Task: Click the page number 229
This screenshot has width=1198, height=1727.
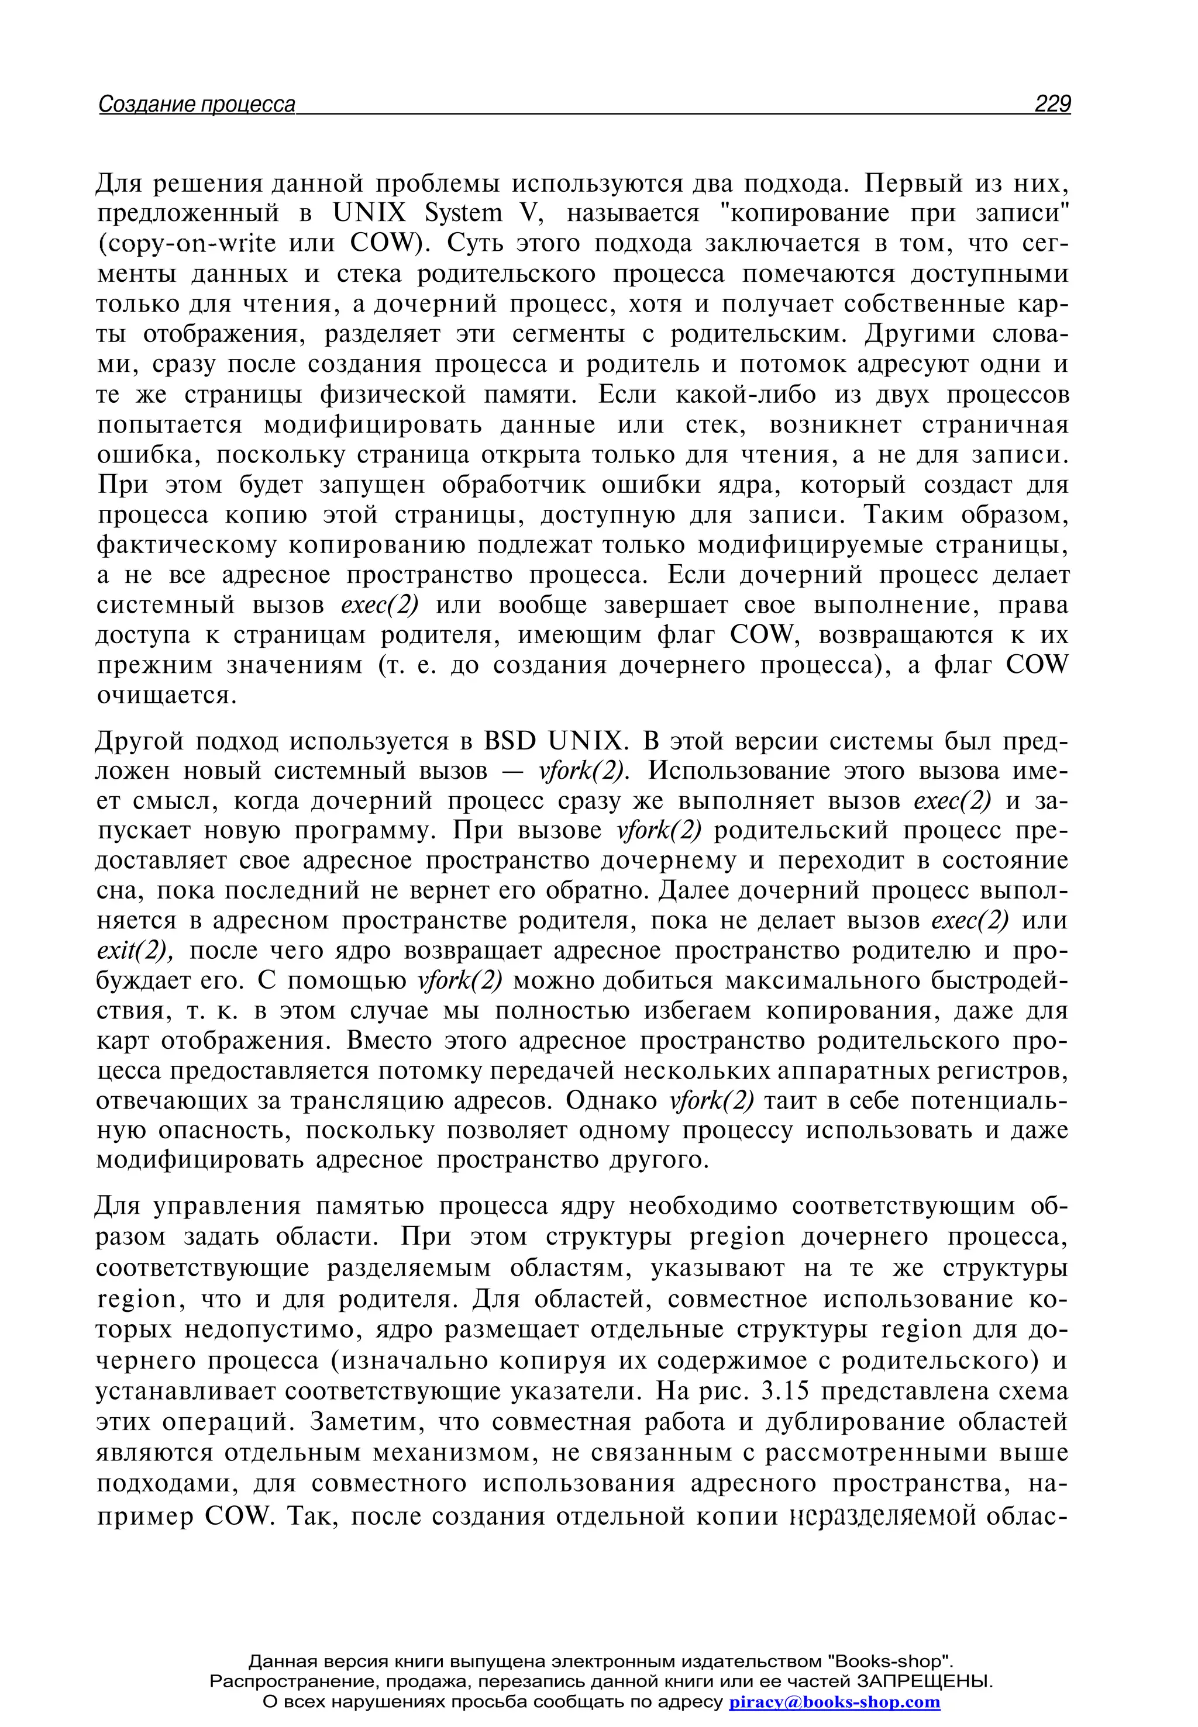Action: click(x=1052, y=103)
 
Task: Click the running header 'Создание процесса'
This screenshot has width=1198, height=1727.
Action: click(x=197, y=104)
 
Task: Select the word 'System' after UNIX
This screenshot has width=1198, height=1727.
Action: click(x=463, y=214)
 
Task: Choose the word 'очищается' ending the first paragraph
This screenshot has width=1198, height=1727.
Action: click(x=166, y=696)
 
